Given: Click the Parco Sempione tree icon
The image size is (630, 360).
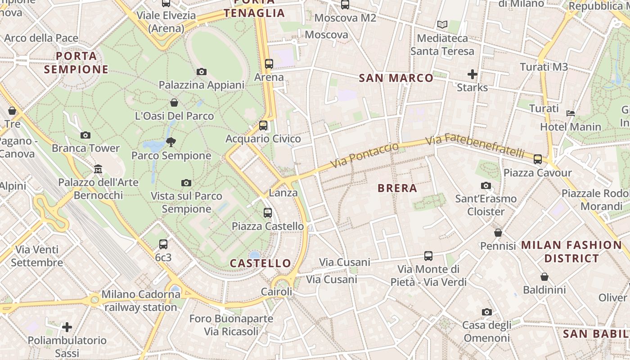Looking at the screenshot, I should [x=171, y=142].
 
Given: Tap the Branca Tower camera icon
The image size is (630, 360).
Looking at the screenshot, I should [x=85, y=135].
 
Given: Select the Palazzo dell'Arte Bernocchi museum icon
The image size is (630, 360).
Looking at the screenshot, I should [x=98, y=169].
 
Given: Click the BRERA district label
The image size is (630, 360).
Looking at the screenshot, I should [x=397, y=188].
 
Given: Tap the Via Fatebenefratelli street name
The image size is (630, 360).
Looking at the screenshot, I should [x=475, y=145].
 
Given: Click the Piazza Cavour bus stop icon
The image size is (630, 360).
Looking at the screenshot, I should [x=537, y=159].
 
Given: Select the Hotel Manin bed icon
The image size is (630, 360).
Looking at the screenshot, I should [x=571, y=113].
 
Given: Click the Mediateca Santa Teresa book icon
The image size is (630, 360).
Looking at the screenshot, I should [x=442, y=25].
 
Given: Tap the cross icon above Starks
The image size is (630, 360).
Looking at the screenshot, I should [x=472, y=74].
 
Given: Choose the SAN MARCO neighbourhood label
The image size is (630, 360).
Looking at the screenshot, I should [x=396, y=78].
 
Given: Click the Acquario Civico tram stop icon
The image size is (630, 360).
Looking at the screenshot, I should [x=263, y=126].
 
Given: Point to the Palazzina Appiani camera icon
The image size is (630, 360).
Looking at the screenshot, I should [x=202, y=72].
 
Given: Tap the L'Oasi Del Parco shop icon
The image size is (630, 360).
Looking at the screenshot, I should [x=174, y=103].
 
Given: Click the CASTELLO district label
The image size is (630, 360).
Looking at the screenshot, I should [x=261, y=263].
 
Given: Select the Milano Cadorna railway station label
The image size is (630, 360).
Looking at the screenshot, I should [x=141, y=301].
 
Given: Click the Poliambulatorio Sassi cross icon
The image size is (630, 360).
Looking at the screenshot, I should [x=67, y=327].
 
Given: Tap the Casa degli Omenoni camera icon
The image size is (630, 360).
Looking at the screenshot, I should [x=486, y=312].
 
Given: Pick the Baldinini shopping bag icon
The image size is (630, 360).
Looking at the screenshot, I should [x=544, y=277].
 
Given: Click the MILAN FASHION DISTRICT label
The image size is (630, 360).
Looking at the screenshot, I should [x=571, y=252].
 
